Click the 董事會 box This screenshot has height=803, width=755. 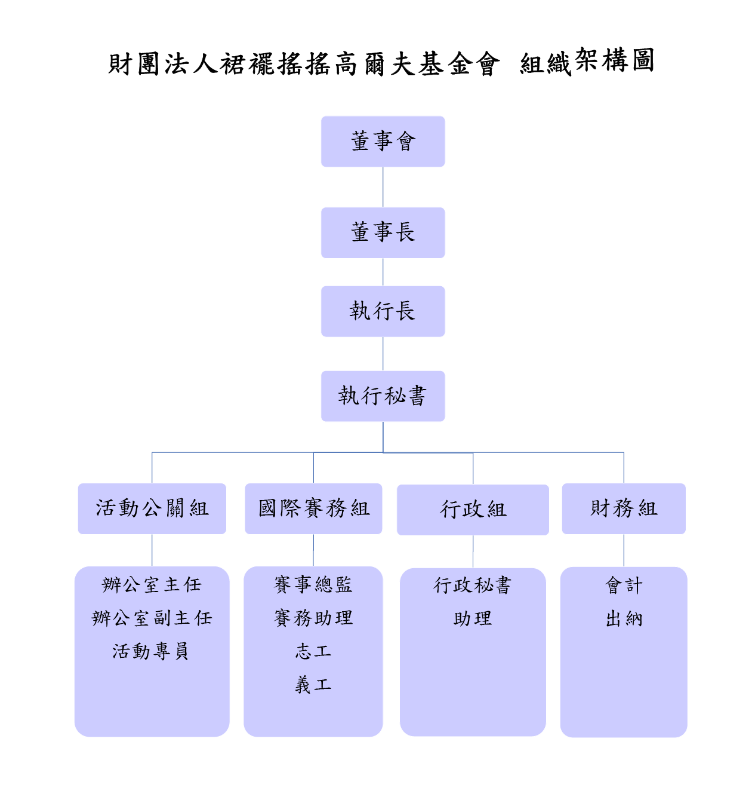click(383, 142)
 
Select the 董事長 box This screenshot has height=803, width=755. click(383, 232)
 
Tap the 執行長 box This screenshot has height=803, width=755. click(383, 311)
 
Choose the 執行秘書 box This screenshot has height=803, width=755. click(383, 396)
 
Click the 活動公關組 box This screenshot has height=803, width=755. click(152, 508)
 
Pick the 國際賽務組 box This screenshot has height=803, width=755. click(313, 508)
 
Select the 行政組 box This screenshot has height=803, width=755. click(473, 510)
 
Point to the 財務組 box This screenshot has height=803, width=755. click(624, 508)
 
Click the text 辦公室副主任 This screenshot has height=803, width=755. click(152, 618)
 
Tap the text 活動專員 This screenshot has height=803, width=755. click(150, 651)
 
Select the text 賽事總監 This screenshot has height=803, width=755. click(313, 584)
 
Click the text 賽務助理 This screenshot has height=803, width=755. click(313, 618)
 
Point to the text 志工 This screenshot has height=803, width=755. click(313, 651)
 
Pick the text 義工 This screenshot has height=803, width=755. click(313, 684)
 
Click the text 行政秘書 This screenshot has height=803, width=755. click(473, 586)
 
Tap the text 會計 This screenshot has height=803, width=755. click(624, 586)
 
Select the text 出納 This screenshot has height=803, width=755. click(624, 619)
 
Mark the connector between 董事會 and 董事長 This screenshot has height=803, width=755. click(383, 187)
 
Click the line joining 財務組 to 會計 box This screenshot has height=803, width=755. click(624, 550)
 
